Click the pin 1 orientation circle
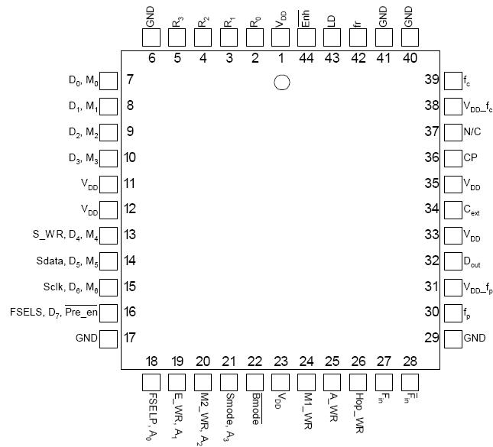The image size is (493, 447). [x=282, y=83]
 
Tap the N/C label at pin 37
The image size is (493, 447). [x=473, y=131]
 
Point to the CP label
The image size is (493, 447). [x=470, y=157]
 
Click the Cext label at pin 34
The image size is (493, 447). [x=472, y=209]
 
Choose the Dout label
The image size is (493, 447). [x=473, y=261]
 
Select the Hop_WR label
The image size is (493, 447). [x=358, y=410]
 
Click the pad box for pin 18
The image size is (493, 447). [x=151, y=381]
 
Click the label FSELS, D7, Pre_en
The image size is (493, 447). [x=54, y=312]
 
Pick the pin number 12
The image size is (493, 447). [x=131, y=209]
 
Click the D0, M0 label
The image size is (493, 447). [x=83, y=80]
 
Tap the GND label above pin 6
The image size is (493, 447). [x=151, y=17]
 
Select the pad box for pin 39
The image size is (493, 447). [x=452, y=80]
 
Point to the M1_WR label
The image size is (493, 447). [x=307, y=411]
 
